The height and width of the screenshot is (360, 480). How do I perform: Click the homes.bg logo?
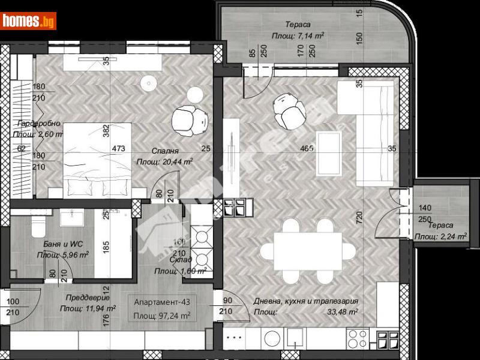29,20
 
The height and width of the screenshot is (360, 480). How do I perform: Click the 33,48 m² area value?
341,312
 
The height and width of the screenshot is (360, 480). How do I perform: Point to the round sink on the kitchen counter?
272,338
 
